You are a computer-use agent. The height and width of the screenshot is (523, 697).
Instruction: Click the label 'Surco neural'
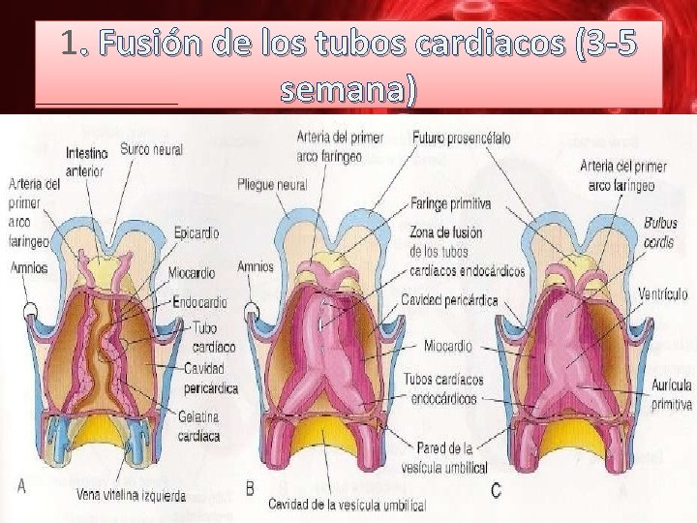[x=151, y=150]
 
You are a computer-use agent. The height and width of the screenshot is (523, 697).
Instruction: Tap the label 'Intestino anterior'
[x=85, y=162]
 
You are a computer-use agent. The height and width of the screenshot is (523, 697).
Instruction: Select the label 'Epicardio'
[x=197, y=233]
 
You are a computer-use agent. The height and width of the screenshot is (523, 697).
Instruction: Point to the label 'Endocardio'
[x=199, y=301]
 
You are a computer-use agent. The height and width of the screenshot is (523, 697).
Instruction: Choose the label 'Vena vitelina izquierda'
[x=131, y=496]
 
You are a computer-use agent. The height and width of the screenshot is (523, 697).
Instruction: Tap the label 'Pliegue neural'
[x=271, y=185]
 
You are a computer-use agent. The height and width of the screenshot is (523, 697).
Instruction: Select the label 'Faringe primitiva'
[x=451, y=204]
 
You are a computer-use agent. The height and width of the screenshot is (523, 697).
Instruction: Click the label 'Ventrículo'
[x=663, y=293]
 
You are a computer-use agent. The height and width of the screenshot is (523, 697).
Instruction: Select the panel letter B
[x=250, y=489]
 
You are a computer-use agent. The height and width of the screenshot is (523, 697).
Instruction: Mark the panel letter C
[x=496, y=491]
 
